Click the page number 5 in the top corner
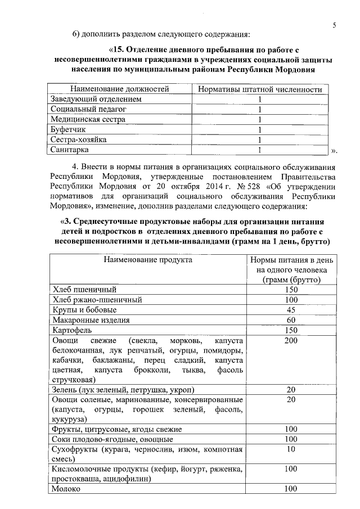pos(335,25)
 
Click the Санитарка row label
pos(69,150)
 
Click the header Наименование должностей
pos(119,89)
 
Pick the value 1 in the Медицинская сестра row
pos(260,120)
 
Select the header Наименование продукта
pos(147,260)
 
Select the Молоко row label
pos(66,489)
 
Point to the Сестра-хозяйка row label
pos(78,140)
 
